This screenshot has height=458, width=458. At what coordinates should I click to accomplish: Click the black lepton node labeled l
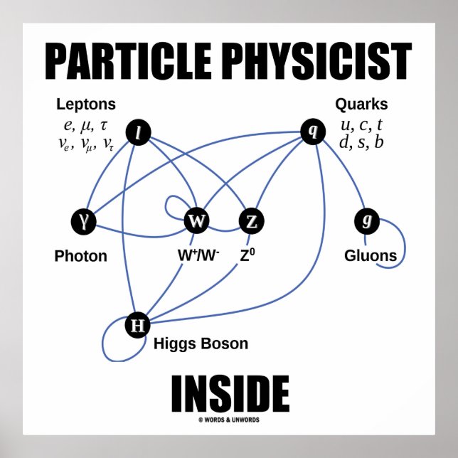click(137, 132)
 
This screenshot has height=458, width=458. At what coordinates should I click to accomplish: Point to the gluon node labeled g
click(366, 222)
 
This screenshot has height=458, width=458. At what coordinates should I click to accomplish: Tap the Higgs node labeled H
click(137, 326)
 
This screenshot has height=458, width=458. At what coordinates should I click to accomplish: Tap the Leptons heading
click(86, 105)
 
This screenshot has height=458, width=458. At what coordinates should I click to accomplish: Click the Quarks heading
click(361, 105)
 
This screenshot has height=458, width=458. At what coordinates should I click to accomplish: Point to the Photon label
click(80, 256)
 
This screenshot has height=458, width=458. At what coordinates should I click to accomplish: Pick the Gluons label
click(371, 255)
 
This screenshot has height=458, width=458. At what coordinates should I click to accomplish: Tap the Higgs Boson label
click(201, 344)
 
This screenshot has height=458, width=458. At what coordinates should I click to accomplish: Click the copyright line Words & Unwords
click(230, 420)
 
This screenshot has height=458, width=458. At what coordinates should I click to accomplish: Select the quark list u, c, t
click(362, 125)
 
